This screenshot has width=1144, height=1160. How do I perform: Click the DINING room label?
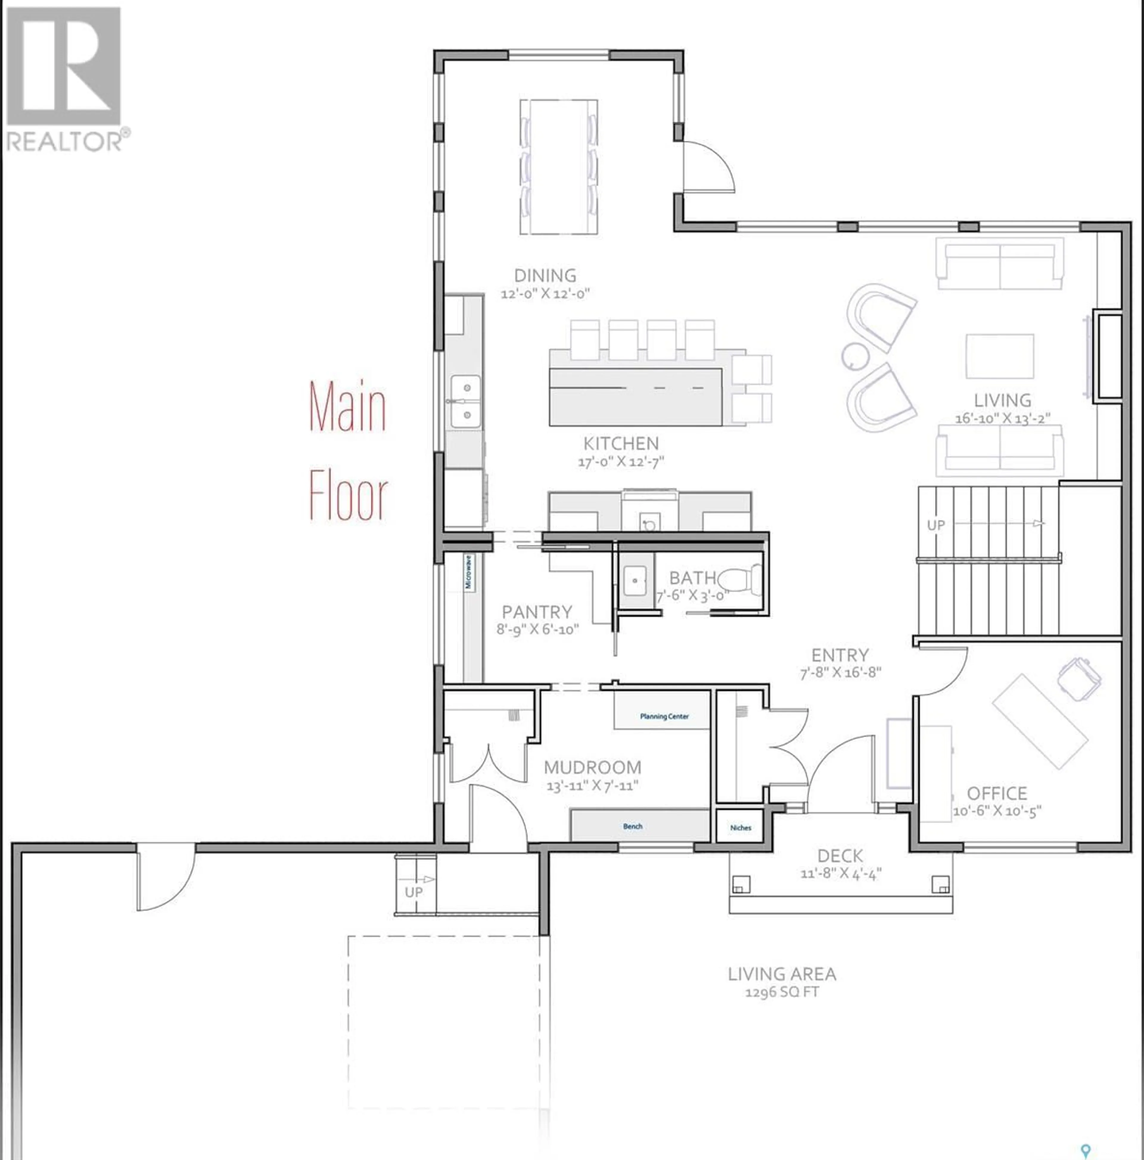[545, 276]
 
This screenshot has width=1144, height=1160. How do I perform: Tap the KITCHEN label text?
[621, 444]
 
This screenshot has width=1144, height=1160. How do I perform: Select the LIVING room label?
[1002, 400]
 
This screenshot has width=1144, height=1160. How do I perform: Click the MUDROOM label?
[592, 767]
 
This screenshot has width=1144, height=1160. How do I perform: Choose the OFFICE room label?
[997, 793]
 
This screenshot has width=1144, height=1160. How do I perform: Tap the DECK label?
[840, 856]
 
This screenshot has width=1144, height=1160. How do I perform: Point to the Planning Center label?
[664, 716]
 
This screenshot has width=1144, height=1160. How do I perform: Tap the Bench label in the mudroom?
[632, 826]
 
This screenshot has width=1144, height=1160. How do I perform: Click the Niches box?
[741, 827]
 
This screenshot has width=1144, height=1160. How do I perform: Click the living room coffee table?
[999, 357]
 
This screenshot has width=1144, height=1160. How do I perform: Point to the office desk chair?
[1080, 677]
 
